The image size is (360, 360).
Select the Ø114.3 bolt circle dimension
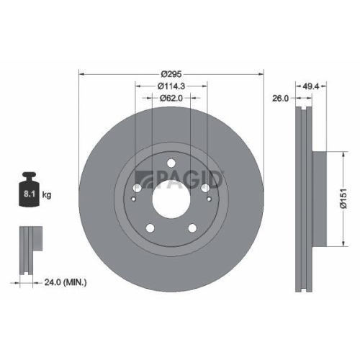[171, 86]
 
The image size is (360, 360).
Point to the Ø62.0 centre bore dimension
[171, 98]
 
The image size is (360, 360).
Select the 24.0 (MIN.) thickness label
[64, 283]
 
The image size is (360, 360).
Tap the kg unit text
[48, 194]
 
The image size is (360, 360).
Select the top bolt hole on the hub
[171, 163]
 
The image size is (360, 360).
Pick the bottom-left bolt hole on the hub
[150, 229]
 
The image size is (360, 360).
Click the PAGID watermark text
[189, 176]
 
